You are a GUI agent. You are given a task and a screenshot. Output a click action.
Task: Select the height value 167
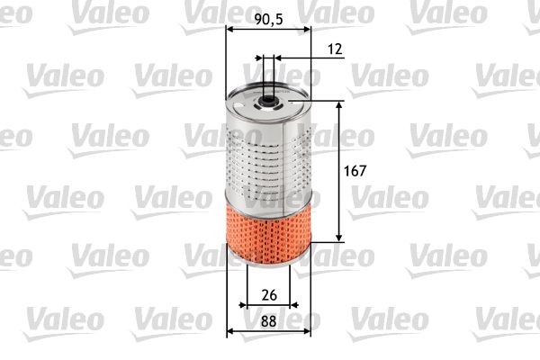point(357,170)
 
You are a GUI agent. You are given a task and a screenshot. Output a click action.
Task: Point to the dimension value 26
point(268,294)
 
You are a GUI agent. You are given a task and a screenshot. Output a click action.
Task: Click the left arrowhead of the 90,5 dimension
point(228,30)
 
